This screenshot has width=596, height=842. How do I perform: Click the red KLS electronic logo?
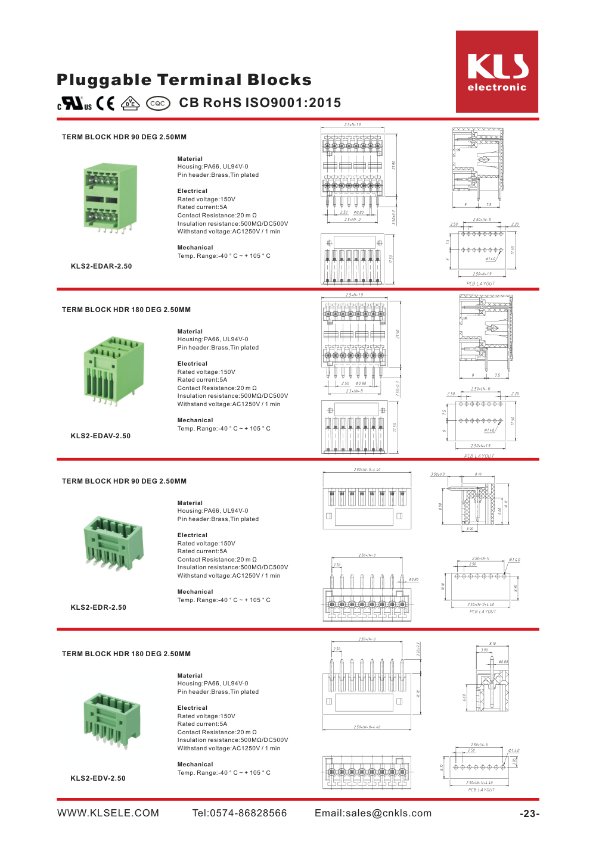[496, 71]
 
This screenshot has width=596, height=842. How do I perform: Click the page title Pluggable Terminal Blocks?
[184, 80]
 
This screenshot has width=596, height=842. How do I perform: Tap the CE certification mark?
[105, 104]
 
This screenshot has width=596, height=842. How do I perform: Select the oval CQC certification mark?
[158, 104]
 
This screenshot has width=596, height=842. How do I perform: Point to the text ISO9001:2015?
[293, 103]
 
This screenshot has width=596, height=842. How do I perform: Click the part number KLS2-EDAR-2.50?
[101, 266]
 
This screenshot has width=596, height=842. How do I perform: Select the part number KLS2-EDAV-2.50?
[101, 436]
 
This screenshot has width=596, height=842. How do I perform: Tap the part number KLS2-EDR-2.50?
[98, 607]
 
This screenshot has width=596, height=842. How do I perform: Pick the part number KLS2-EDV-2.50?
[98, 778]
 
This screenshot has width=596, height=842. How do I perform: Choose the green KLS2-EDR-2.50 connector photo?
[113, 542]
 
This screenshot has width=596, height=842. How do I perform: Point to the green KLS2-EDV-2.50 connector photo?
[111, 719]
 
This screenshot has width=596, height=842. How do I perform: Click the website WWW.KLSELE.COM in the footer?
[108, 813]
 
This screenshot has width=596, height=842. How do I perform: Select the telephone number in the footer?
[240, 813]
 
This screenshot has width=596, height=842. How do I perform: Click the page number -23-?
[529, 814]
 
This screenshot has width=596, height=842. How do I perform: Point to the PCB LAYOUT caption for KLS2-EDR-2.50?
[483, 612]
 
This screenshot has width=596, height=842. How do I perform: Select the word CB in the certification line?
[188, 103]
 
